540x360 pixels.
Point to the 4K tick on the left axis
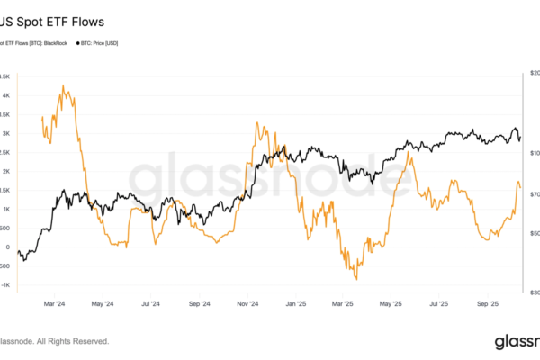(4, 95)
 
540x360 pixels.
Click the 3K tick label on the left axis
(4, 133)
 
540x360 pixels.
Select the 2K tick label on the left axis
(4, 171)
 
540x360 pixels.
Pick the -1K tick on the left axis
(4, 285)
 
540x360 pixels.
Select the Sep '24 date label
(201, 303)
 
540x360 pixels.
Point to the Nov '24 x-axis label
(249, 303)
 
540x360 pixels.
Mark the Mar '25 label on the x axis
(345, 303)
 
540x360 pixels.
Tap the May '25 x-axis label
(393, 303)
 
